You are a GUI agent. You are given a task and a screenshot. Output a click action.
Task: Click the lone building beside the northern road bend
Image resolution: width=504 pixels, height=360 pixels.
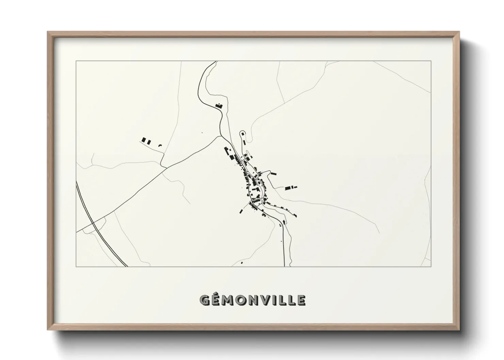point(219,105)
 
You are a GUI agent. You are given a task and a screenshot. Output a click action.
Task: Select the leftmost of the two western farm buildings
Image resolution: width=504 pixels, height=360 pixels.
point(144,140)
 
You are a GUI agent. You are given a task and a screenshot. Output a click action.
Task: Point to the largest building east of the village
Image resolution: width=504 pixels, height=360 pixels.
point(289,187)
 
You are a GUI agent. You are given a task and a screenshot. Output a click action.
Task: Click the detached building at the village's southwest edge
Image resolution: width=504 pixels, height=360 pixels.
point(241,211)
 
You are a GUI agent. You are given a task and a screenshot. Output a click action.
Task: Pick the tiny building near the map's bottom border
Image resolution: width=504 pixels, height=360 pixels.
point(241,263)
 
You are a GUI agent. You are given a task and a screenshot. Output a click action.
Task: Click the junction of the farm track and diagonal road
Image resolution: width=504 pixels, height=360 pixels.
point(166,167)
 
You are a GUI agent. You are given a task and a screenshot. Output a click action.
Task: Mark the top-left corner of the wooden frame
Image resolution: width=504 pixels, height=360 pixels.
point(48,32)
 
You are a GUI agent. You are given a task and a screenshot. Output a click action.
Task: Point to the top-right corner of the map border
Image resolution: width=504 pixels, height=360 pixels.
point(431,61)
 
